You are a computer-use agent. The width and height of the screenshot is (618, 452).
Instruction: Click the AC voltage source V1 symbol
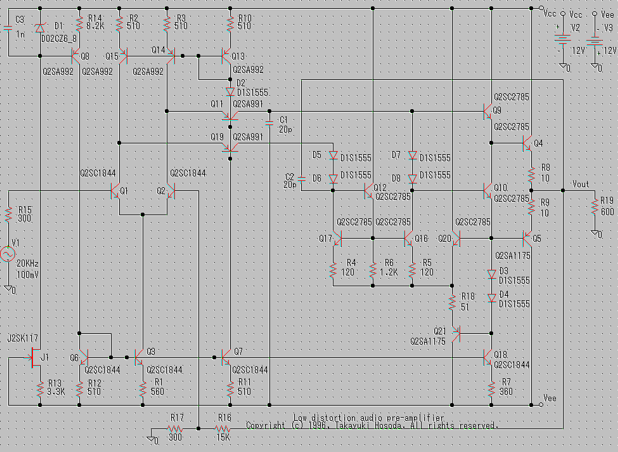coord(9,255)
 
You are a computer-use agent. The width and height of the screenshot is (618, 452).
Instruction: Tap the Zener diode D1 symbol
coord(40,28)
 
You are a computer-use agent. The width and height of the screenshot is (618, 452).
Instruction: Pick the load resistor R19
coord(595,208)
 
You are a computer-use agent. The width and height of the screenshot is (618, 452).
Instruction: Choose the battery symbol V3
coord(594,39)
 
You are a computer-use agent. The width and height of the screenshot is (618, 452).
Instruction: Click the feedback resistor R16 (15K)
coord(224,429)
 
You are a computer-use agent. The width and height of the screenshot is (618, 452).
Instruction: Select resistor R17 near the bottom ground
coord(176,429)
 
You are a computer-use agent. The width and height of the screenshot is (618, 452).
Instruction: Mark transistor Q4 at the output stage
coord(527,143)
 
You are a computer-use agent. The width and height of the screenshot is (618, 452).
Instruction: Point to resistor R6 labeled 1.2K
coord(373,271)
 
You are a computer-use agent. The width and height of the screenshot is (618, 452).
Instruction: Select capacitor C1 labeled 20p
coord(270,121)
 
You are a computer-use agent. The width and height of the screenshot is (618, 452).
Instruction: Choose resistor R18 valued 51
coord(453,303)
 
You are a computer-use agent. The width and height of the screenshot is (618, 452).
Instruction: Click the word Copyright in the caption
coord(266,425)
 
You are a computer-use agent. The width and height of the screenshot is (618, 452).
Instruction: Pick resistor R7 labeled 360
coord(491,389)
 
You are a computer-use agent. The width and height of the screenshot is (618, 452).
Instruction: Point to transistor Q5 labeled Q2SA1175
coord(527,239)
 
